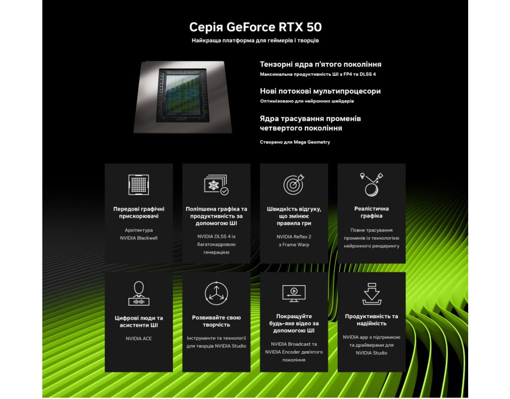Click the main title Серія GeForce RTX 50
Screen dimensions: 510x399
(x=255, y=27)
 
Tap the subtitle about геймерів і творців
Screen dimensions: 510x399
(x=255, y=40)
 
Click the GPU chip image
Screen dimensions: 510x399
(x=183, y=97)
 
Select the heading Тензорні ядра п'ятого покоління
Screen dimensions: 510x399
(x=320, y=64)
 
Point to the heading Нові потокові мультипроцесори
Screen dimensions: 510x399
(x=320, y=91)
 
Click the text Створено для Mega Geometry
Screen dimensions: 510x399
(x=295, y=142)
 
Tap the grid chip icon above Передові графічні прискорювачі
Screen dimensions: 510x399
(x=138, y=185)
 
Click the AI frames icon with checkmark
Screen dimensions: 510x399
(x=216, y=185)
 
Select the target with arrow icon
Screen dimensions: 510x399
(x=294, y=185)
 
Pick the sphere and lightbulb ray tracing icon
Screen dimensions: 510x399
(x=372, y=185)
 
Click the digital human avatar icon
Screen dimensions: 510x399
(x=138, y=293)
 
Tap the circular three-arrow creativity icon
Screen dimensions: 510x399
(x=216, y=293)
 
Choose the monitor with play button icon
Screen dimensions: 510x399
(x=294, y=293)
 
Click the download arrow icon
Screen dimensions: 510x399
(x=372, y=294)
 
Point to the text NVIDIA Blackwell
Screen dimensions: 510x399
(x=138, y=238)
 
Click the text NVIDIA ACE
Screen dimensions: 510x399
(x=138, y=339)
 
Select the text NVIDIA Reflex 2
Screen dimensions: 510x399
(x=294, y=237)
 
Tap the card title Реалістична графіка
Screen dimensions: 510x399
(x=372, y=212)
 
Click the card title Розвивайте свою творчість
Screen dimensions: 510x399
(x=216, y=321)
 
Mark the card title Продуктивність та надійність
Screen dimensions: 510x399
(x=372, y=320)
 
